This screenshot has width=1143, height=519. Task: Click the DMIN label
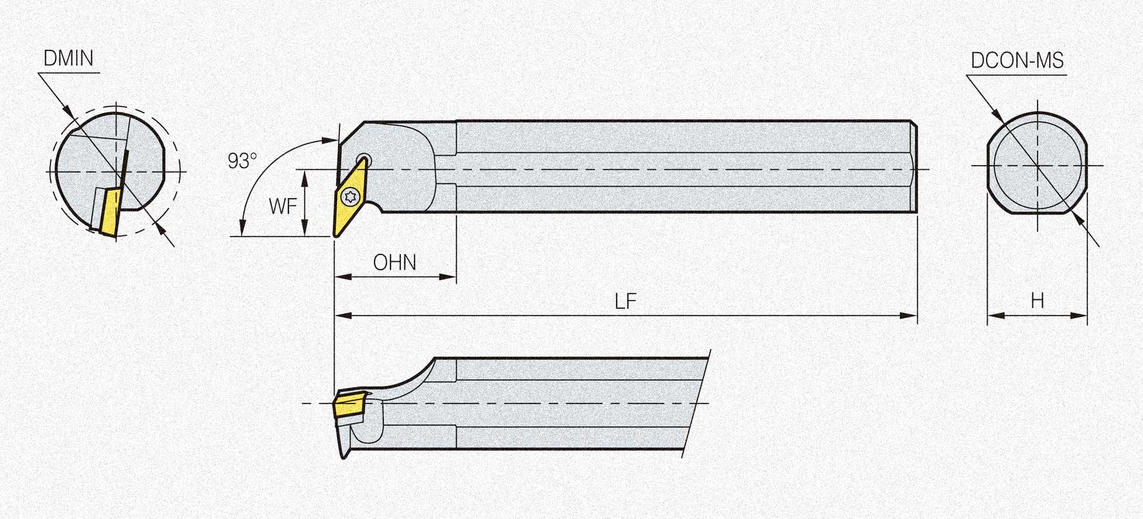(x=69, y=59)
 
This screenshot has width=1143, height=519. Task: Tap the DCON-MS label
(x=1017, y=61)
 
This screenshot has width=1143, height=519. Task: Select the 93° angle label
(x=242, y=161)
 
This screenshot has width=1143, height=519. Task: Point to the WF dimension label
(x=283, y=206)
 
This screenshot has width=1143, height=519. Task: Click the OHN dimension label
(x=394, y=263)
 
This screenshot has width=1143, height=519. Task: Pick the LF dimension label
(x=625, y=302)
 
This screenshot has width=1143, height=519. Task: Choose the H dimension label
(x=1037, y=301)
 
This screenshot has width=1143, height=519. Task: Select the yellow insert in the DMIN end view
(x=110, y=211)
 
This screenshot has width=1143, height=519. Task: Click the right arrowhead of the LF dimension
(x=909, y=316)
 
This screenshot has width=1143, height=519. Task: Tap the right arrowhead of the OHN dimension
(x=448, y=276)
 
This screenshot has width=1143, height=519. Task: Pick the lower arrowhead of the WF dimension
(x=304, y=229)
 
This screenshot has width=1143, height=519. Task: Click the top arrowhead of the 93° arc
(x=331, y=140)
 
